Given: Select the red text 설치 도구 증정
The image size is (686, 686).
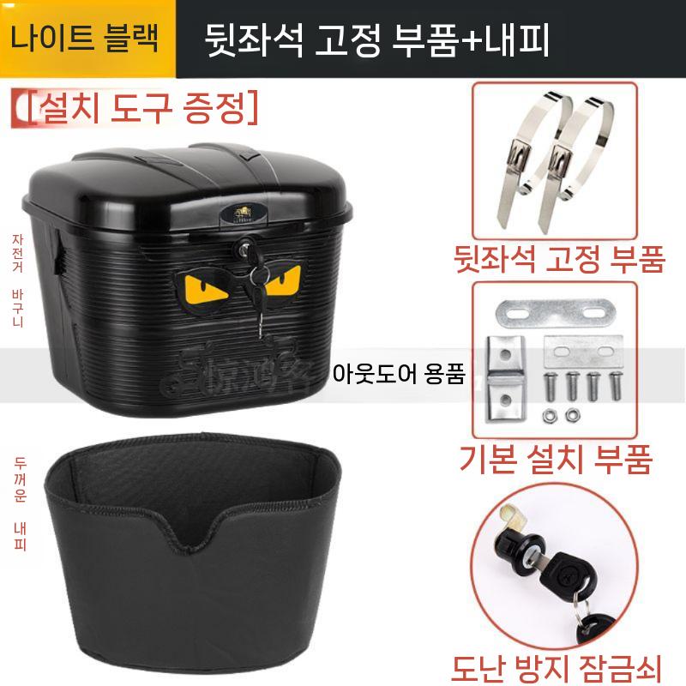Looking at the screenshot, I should coord(137,107).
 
